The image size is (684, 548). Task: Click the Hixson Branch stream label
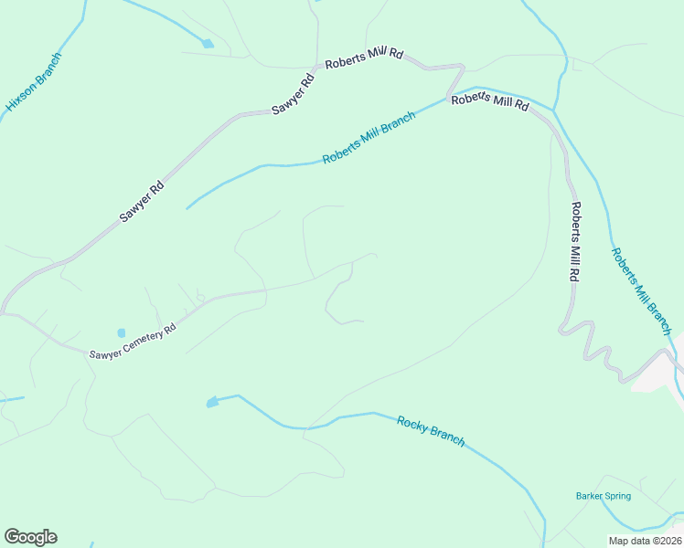coord(34,82)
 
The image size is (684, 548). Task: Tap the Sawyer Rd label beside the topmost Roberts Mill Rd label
coord(294,94)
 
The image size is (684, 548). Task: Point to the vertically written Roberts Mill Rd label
coord(576,241)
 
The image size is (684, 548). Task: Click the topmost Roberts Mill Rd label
coord(365,55)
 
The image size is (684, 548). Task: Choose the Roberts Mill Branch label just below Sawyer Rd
coord(369,138)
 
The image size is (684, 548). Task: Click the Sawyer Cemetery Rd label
coord(132,343)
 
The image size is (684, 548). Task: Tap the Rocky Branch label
coord(431,430)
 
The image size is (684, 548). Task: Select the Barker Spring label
coord(604,496)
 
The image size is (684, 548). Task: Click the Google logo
coord(30,537)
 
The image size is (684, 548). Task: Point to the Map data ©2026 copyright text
coord(645,541)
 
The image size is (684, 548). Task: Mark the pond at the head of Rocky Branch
coord(212,401)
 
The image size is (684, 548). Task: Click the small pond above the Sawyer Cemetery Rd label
coord(121,332)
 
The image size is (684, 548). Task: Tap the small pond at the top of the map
coord(208,43)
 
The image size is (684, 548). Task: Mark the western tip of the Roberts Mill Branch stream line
coord(187,208)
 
